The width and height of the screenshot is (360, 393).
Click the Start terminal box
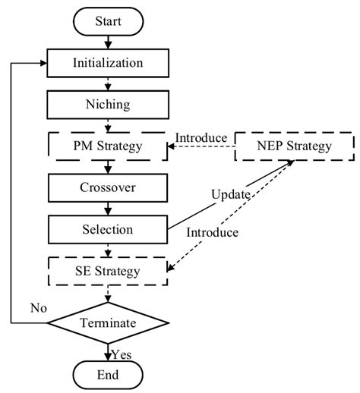pos(107,21)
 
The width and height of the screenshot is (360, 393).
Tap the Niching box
pos(107,104)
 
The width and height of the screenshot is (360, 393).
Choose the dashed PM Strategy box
pos(107,146)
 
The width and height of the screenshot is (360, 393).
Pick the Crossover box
pos(107,187)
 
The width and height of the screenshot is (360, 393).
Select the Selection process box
pos(107,228)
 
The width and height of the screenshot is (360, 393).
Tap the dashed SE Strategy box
pos(107,269)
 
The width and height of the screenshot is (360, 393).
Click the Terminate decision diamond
pos(107,322)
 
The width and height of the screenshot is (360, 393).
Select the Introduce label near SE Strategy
pos(232,231)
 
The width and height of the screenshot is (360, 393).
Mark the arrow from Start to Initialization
pos(107,42)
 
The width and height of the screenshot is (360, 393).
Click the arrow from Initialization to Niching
pos(107,83)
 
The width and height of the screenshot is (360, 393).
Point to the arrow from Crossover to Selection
pos(107,208)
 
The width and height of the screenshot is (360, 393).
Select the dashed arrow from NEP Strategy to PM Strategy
pos(201,147)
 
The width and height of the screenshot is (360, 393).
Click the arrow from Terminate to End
pos(107,350)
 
